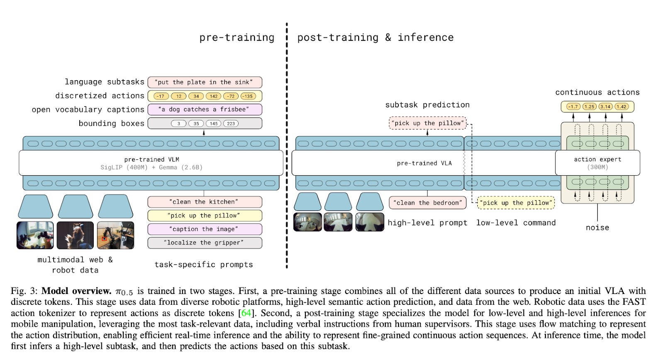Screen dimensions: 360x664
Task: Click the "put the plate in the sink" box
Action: click(x=205, y=82)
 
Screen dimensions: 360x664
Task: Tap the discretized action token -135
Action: click(x=248, y=96)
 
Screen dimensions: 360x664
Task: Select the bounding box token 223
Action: click(x=231, y=124)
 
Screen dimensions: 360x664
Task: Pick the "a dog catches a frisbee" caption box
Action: click(x=205, y=110)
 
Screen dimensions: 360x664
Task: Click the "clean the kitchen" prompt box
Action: click(x=205, y=202)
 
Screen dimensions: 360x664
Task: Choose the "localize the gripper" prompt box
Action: click(x=205, y=242)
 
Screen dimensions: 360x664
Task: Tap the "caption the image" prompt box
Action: click(x=205, y=229)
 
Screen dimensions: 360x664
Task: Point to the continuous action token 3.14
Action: click(x=605, y=107)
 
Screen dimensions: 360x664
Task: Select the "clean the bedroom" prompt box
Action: click(x=427, y=203)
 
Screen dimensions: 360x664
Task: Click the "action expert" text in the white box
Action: click(x=597, y=159)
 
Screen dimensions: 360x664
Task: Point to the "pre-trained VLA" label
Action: click(x=424, y=163)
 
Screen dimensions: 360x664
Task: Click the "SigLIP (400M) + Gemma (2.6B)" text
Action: click(x=151, y=167)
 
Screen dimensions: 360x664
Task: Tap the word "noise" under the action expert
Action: click(x=597, y=228)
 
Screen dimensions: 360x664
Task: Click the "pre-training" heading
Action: click(x=237, y=37)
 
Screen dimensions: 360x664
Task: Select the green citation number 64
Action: click(x=246, y=313)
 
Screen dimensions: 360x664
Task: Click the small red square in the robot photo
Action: click(x=104, y=239)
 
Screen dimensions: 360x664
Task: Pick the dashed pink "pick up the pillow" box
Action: click(x=427, y=123)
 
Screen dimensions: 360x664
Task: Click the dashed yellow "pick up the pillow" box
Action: click(x=516, y=203)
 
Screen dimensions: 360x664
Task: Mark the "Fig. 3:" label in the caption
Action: click(x=24, y=291)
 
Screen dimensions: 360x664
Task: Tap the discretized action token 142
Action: click(x=213, y=96)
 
